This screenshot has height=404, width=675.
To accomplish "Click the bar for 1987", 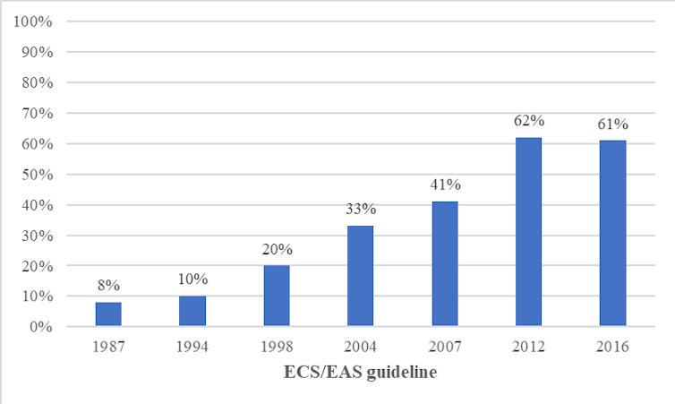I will (x=108, y=314).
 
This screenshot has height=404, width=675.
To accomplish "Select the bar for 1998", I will (x=277, y=297).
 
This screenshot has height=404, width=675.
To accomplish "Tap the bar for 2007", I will (x=444, y=264).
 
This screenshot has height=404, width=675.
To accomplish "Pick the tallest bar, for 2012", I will (x=528, y=232).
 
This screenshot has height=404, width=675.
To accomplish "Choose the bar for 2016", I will (x=612, y=234).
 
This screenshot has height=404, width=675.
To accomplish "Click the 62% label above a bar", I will (x=528, y=121).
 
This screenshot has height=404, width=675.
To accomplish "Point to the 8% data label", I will (x=108, y=287).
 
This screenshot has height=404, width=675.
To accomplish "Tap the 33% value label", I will (x=361, y=209).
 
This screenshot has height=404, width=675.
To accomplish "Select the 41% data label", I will (x=444, y=185).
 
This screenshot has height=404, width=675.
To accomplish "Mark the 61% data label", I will (x=612, y=124).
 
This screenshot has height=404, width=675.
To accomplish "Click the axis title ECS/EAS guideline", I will (x=361, y=373).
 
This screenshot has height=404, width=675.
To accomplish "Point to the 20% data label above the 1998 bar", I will (x=277, y=249).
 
